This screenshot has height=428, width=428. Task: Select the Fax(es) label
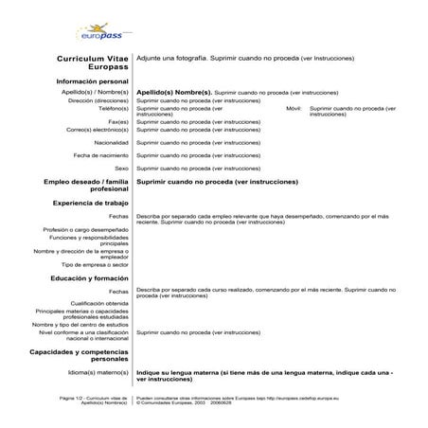pos(118,121)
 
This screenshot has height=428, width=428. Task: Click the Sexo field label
pos(121,168)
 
